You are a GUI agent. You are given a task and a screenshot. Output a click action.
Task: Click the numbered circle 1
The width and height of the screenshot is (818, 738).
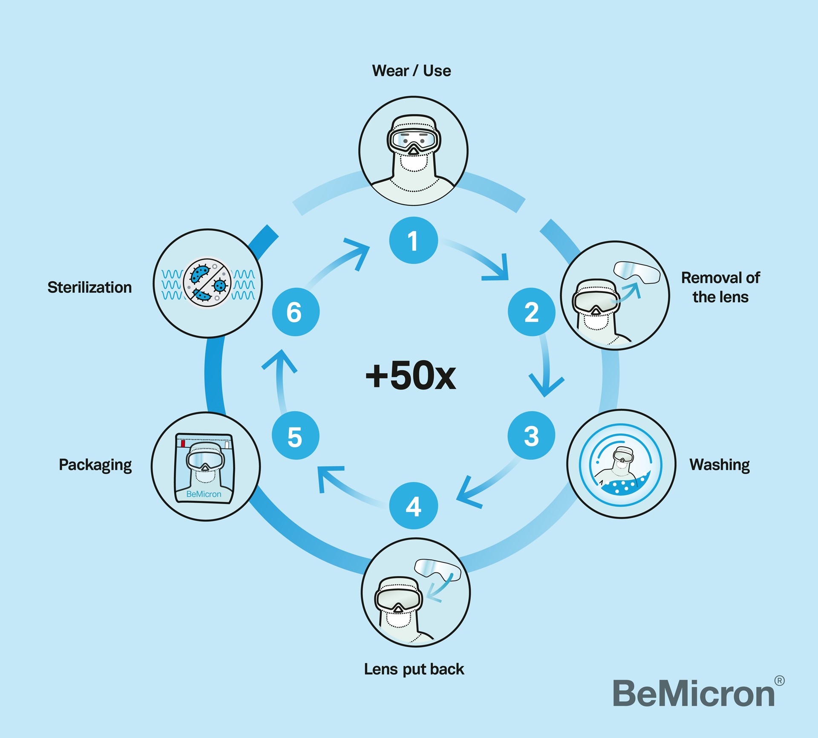tap(413, 240)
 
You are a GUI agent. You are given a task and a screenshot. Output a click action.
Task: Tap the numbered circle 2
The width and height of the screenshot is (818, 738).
tap(531, 312)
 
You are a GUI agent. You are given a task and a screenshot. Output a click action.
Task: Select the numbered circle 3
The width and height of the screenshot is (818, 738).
tap(531, 435)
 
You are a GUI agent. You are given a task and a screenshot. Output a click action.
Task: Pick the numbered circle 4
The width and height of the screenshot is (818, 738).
tap(413, 506)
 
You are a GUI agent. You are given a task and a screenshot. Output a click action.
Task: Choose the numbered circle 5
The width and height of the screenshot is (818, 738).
tap(295, 435)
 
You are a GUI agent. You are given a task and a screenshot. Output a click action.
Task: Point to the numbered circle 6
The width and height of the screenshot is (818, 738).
tap(295, 312)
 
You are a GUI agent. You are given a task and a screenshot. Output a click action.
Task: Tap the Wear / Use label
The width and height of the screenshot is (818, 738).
tap(412, 71)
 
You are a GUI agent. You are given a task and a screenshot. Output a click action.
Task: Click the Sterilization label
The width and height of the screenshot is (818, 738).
tap(89, 287)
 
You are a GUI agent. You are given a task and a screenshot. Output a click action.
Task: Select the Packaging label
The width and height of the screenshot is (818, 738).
tap(95, 465)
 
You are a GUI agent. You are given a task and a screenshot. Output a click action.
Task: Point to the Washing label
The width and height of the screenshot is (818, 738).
tap(720, 465)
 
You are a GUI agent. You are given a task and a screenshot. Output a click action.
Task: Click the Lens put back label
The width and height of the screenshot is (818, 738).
tap(414, 669)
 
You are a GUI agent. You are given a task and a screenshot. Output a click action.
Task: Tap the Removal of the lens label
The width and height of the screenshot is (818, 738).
tap(720, 287)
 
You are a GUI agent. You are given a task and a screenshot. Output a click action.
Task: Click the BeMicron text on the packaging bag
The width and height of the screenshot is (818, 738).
tap(204, 494)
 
